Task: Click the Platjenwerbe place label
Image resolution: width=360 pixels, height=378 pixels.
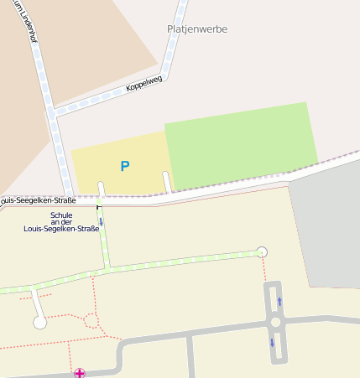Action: point(197,28)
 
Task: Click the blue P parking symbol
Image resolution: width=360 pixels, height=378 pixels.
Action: point(125,166)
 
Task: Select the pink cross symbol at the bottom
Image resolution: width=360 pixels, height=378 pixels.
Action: point(80,373)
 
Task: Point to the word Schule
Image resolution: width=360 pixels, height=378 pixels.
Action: point(61,215)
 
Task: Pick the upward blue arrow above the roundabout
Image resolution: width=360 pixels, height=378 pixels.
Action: point(279,300)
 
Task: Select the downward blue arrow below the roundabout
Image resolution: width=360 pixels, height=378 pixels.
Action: point(272,342)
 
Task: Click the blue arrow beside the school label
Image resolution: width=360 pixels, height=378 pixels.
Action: point(101,221)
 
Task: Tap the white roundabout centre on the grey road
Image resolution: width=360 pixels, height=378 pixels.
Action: point(275,321)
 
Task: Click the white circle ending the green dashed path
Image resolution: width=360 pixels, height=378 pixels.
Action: point(262,251)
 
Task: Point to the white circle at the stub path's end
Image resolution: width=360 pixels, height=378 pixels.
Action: point(39,322)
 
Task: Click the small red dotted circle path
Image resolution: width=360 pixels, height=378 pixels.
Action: point(91,320)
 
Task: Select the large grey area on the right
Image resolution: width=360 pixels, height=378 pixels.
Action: point(327,226)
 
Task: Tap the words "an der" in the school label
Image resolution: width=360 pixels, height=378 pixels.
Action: point(60,221)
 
